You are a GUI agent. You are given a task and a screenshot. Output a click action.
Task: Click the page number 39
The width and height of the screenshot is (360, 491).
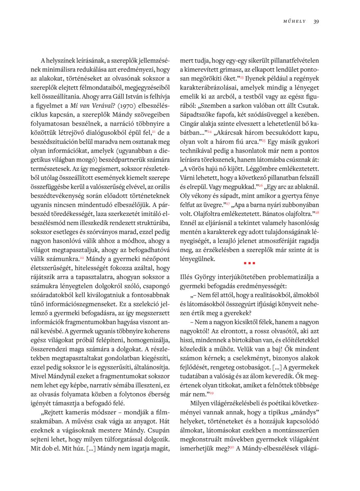click(316, 21)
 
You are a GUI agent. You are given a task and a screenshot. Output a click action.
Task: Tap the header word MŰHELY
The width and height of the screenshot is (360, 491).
click(295, 21)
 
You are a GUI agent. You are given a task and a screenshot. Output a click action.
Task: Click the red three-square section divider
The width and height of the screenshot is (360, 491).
click(249, 263)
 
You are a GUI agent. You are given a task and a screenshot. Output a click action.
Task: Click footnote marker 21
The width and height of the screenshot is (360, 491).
click(153, 131)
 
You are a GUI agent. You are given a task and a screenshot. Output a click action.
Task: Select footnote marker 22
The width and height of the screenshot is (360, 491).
click(82, 258)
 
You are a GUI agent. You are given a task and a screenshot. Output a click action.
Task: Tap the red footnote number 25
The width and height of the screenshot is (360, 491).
click(264, 141)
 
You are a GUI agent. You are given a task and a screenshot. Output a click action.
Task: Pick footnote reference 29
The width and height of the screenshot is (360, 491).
click(211, 393)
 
